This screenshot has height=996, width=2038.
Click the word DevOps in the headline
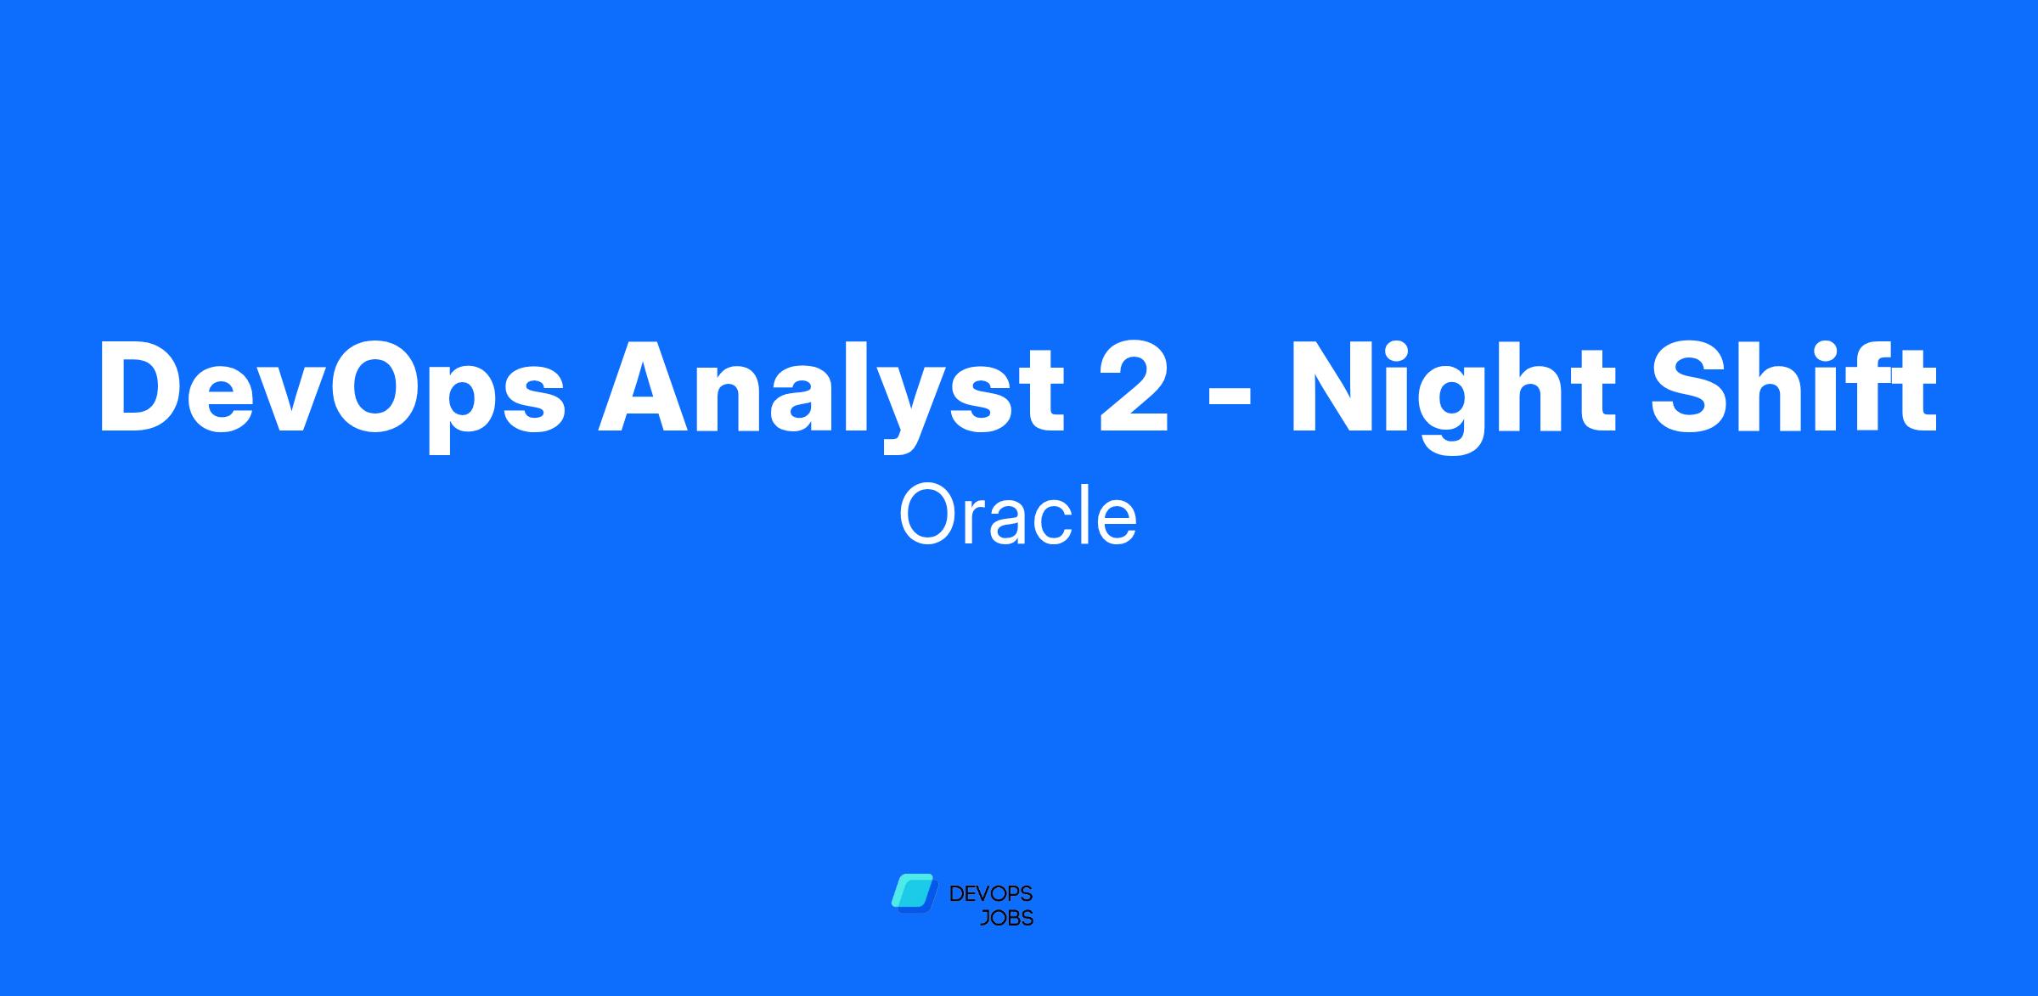pos(332,389)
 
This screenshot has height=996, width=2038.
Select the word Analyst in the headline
pos(831,389)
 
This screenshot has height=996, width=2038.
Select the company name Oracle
pos(1017,515)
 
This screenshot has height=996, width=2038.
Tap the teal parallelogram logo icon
pos(912,893)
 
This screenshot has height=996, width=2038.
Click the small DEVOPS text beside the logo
pos(990,894)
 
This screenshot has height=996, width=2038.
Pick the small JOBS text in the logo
pos(1006,919)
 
